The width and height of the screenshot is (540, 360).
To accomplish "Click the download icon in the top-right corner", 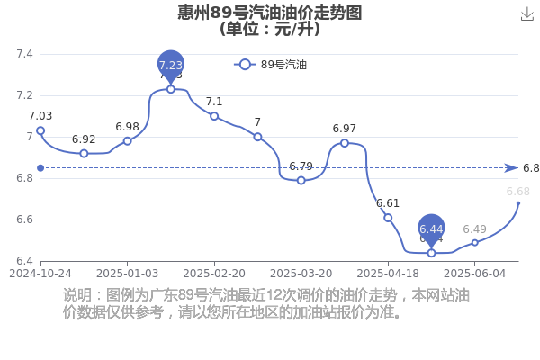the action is [527, 14].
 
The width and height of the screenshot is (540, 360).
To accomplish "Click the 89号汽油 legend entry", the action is [270, 65].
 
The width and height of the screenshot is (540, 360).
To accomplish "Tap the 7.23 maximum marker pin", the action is [171, 67].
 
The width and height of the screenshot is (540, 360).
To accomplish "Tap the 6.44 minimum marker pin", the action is [431, 230].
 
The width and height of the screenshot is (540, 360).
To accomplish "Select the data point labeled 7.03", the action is [40, 130].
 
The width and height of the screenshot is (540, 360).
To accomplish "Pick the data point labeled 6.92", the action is [84, 154].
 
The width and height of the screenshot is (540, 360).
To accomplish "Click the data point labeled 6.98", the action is [128, 141].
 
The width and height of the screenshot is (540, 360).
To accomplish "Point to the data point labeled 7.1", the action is [214, 116].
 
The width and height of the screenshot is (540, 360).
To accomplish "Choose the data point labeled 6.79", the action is [301, 181].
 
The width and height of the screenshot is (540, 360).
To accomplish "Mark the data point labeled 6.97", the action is [345, 143].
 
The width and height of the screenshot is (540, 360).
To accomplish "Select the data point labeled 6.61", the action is [388, 218].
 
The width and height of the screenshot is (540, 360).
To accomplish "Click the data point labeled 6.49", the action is [475, 242].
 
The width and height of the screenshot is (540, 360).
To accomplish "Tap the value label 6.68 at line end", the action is [518, 191].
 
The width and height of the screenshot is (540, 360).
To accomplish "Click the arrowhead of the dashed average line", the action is [511, 168].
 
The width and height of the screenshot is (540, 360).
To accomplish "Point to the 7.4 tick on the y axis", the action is [25, 54].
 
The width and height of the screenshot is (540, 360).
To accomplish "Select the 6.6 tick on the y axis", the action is [25, 220].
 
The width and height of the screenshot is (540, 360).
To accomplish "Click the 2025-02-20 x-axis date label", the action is [214, 274].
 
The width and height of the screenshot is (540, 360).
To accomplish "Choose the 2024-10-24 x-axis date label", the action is [40, 274].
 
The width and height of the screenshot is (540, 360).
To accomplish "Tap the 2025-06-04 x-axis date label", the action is [475, 274].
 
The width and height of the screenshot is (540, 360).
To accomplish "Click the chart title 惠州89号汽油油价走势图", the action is [270, 13].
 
